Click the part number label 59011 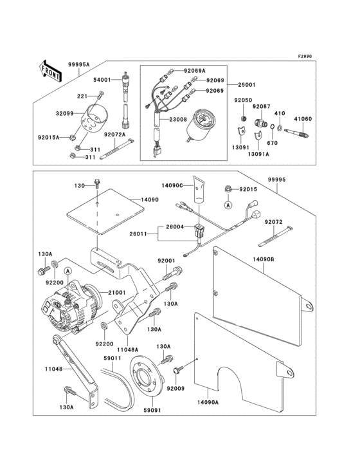(x=114, y=358)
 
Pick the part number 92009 (x=175, y=388)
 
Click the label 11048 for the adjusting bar (x=54, y=369)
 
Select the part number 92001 (x=167, y=260)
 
